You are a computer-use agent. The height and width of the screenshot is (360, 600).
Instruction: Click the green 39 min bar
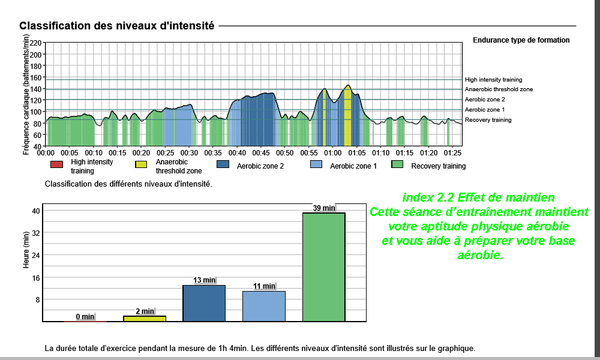(324, 267)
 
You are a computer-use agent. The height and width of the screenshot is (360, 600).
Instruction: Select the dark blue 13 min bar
(204, 303)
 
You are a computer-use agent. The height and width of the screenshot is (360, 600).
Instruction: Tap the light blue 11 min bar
(264, 306)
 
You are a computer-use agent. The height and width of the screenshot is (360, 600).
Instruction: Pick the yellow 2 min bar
(145, 319)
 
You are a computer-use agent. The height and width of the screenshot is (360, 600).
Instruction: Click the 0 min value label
(85, 317)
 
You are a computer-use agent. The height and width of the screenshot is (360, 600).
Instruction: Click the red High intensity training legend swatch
(56, 164)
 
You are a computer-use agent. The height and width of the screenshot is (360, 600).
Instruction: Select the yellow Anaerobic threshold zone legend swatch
(141, 164)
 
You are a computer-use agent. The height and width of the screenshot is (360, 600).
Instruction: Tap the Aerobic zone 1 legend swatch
(316, 164)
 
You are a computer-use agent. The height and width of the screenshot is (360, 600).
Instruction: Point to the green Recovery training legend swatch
(397, 164)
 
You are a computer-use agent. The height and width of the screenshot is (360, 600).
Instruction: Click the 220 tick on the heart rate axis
(35, 43)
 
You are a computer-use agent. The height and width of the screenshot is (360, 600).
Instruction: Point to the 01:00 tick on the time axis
(333, 153)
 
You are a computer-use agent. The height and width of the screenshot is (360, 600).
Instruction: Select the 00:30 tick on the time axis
(189, 153)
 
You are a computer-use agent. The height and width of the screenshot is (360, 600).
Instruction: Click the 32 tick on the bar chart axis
(35, 233)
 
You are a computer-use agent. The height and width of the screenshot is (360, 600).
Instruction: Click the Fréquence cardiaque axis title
(26, 95)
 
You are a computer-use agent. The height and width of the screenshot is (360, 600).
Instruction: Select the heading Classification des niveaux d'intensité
(116, 26)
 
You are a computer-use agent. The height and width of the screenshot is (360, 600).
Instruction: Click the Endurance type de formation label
(521, 40)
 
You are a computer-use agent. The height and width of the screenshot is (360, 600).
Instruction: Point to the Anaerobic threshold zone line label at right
(499, 89)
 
